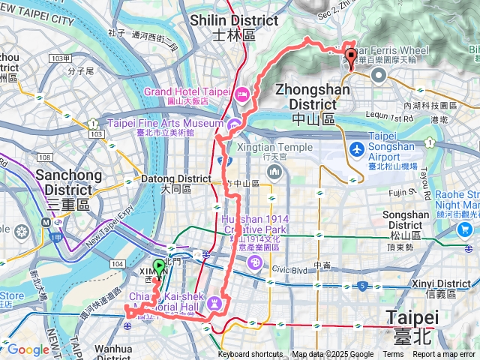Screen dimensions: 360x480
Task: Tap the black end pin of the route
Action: (350, 56)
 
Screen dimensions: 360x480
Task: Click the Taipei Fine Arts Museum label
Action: (166, 122)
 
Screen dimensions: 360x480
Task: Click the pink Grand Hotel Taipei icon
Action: (242, 94)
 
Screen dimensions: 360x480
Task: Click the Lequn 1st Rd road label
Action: (388, 118)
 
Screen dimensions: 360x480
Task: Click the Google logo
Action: (28, 350)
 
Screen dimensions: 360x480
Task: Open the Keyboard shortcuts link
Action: (251, 355)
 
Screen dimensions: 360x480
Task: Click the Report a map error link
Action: (444, 355)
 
